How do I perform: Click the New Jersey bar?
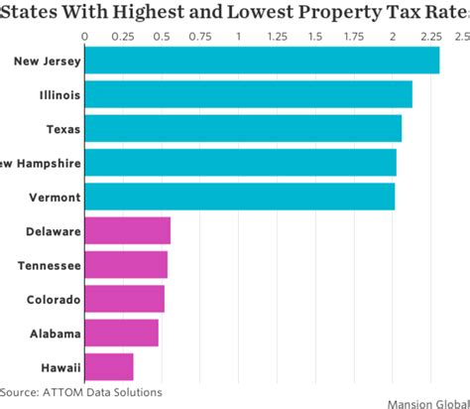(262, 61)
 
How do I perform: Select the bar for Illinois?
(248, 95)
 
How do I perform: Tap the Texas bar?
(243, 129)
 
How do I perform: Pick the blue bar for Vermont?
(239, 197)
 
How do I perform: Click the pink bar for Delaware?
(127, 231)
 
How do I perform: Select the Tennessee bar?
(125, 265)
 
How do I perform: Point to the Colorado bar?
(124, 299)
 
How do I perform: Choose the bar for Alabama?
(121, 333)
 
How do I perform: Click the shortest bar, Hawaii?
(108, 366)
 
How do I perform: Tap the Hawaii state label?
(59, 367)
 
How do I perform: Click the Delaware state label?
(54, 231)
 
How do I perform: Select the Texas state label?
(63, 129)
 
